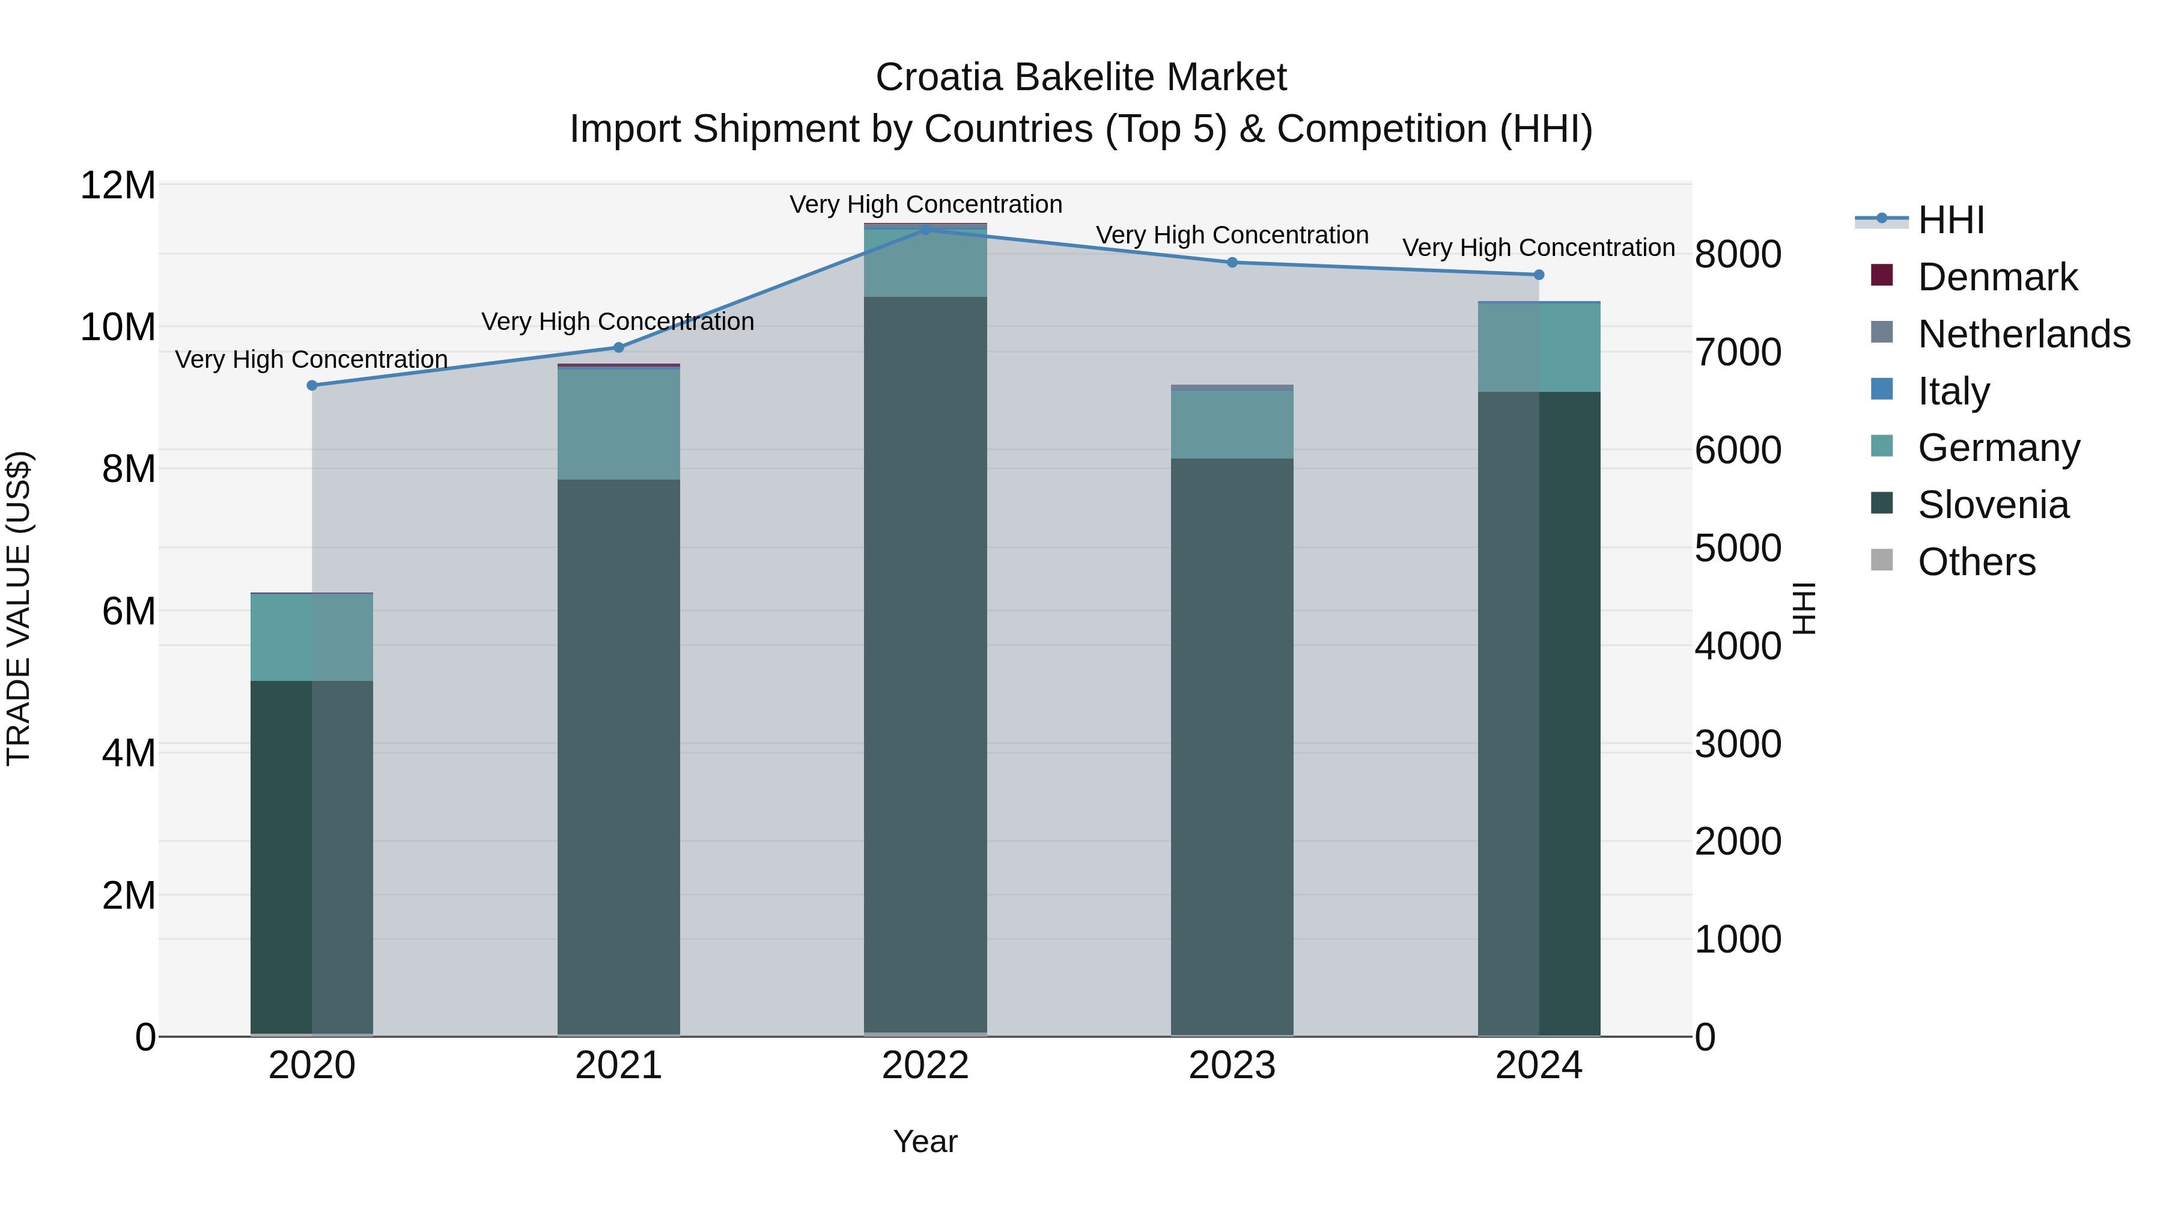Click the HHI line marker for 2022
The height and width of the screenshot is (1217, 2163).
pos(925,230)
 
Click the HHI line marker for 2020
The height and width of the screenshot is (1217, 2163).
pos(311,385)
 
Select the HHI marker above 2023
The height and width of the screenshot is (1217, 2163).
pos(1232,262)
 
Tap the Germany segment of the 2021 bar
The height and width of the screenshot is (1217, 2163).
pos(618,424)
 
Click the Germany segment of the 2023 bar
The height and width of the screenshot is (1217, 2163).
pos(1232,424)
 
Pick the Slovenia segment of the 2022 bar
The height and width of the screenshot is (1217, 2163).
pos(925,663)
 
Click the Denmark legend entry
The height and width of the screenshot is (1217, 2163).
pos(1997,277)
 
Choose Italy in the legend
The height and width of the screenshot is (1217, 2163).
pos(1953,391)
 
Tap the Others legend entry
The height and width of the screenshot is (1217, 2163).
pos(1976,562)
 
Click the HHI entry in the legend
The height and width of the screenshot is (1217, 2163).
pos(1950,220)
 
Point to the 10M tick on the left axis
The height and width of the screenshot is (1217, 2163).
pos(118,327)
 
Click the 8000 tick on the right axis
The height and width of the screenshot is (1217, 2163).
pos(1737,254)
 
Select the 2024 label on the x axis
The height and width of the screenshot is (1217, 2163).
pos(1538,1066)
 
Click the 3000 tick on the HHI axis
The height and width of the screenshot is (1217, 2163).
pos(1737,744)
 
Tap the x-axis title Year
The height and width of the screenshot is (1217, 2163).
pos(925,1141)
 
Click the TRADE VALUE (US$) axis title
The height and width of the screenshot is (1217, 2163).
pos(19,608)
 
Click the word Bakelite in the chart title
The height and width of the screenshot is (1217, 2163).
pos(1081,78)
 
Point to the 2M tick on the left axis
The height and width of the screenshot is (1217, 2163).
pos(127,895)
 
